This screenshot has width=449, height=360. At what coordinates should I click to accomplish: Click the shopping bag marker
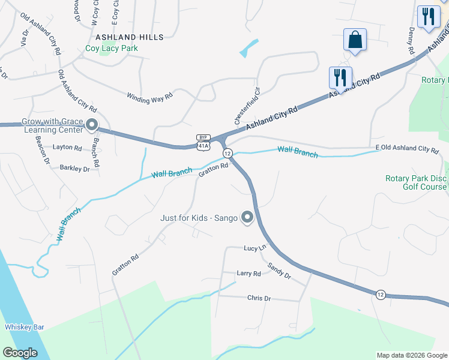354,40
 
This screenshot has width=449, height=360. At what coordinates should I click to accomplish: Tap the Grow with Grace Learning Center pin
92,125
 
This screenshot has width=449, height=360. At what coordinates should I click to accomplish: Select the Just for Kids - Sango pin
247,217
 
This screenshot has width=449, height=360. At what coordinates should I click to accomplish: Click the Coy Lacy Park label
112,48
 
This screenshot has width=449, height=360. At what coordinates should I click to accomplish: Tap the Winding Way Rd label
149,95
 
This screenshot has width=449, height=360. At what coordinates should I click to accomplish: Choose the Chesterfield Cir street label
246,109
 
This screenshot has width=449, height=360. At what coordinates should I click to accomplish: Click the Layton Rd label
67,147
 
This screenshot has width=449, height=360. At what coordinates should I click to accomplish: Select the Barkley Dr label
74,169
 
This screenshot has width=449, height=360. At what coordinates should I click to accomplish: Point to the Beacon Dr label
43,149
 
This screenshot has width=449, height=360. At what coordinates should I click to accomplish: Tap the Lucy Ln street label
255,248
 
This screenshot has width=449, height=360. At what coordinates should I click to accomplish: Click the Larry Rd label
249,273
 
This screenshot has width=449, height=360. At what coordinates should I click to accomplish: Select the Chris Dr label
259,298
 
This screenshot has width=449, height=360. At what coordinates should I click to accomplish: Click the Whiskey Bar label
25,326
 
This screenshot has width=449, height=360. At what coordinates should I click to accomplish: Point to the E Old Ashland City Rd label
407,148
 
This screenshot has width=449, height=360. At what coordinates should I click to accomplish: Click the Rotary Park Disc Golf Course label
416,182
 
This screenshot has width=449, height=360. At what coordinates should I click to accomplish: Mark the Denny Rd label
412,40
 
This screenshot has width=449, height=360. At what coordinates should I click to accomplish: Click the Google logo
20,353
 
